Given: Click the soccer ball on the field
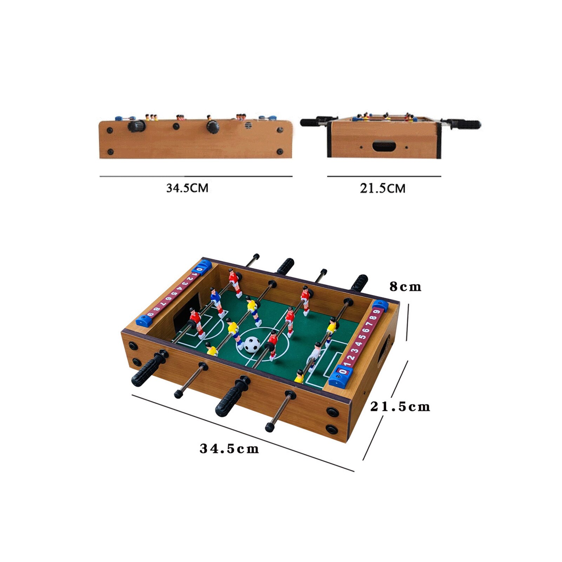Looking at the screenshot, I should pyautogui.click(x=252, y=344).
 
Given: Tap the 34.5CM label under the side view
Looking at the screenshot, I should pyautogui.click(x=187, y=188).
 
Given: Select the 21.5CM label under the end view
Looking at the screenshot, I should pyautogui.click(x=382, y=189).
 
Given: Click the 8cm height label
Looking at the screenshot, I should pyautogui.click(x=405, y=287).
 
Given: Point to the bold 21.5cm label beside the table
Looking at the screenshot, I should pyautogui.click(x=400, y=406).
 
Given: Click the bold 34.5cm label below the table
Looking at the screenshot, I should pyautogui.click(x=229, y=449).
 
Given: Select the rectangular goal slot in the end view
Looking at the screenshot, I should pyautogui.click(x=384, y=146).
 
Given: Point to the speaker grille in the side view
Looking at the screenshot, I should pyautogui.click(x=249, y=126).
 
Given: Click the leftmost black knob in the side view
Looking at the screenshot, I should pyautogui.click(x=137, y=126).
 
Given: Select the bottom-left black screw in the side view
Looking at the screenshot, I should pyautogui.click(x=110, y=152).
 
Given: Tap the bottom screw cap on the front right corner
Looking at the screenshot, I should pyautogui.click(x=331, y=429).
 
